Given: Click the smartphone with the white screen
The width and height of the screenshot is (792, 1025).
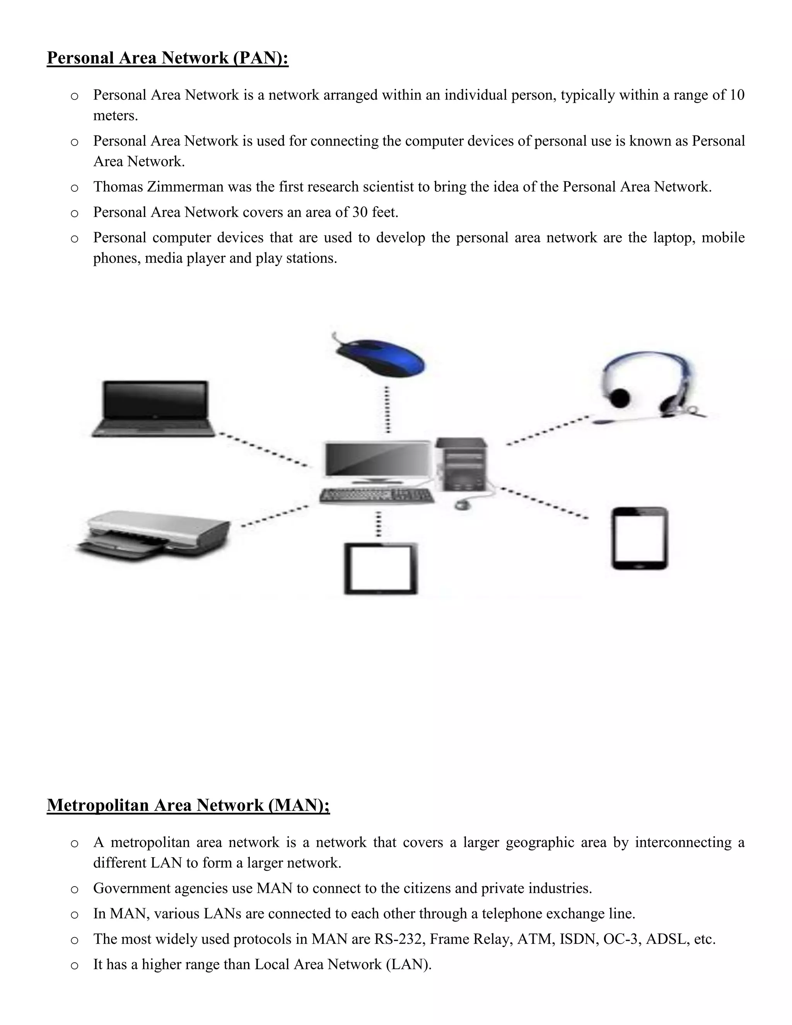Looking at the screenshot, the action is point(640,538).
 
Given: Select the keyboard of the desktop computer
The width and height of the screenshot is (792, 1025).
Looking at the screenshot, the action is point(377,495).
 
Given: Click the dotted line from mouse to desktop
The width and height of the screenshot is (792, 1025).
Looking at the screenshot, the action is point(387,409).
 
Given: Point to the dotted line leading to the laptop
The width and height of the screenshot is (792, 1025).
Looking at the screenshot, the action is point(264,449).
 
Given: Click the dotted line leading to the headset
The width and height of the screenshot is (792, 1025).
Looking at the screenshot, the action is point(548,430).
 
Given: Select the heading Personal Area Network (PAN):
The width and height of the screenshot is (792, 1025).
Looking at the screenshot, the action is point(167,58).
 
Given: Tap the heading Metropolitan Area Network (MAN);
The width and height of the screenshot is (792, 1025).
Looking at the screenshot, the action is point(188,805).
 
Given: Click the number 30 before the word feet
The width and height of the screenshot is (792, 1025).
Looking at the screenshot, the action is point(360,212).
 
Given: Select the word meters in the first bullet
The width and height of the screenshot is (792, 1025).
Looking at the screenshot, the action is point(115,115).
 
